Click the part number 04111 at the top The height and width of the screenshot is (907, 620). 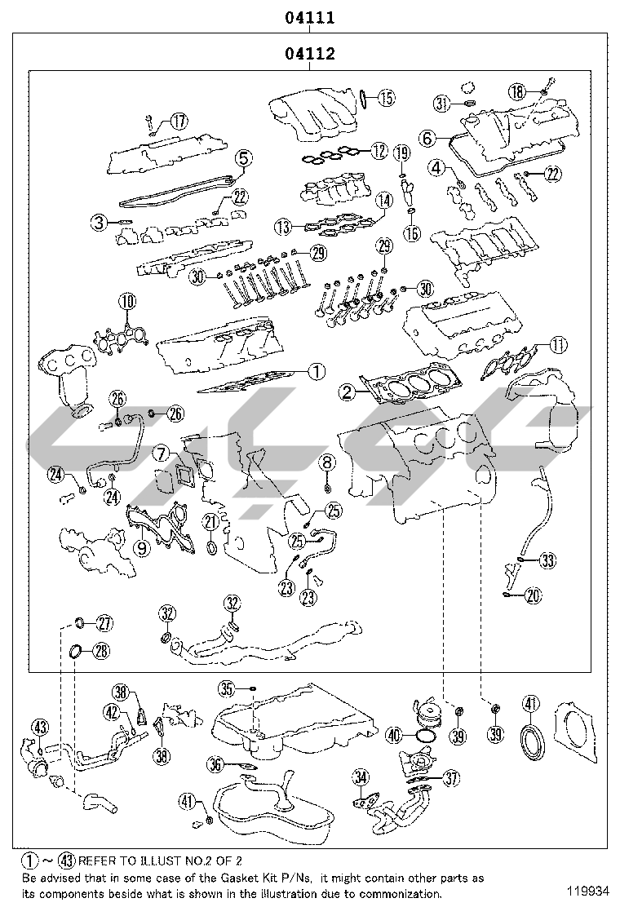click(310, 16)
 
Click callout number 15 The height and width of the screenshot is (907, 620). click(386, 99)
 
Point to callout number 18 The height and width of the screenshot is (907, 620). click(517, 91)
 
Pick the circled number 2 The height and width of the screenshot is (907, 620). click(348, 392)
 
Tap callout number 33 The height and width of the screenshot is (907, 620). click(547, 560)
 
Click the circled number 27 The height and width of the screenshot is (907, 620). click(104, 624)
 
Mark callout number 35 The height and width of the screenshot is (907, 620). click(228, 690)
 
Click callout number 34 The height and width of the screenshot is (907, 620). click(361, 779)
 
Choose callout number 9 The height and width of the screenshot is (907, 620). click(142, 548)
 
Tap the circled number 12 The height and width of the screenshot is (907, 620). click(378, 151)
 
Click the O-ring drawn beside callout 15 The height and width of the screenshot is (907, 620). click(363, 100)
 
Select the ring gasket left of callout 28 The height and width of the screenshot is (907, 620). click(74, 651)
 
